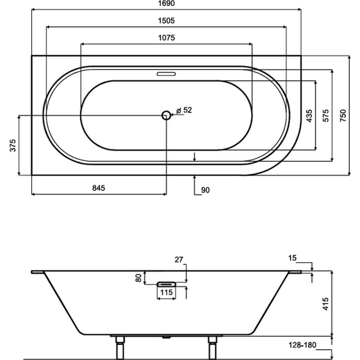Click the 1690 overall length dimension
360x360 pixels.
click(166, 3)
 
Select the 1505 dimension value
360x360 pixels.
click(166, 21)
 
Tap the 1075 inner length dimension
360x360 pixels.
click(166, 38)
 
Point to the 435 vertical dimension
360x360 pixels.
click(309, 116)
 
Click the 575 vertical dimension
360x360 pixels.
click(326, 116)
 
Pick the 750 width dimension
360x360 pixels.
click(343, 116)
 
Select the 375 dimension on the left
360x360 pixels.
click(13, 145)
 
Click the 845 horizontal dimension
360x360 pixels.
click(99, 188)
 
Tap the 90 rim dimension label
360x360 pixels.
click(205, 190)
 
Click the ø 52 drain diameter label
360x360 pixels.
click(184, 110)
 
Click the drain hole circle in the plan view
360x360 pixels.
click(166, 115)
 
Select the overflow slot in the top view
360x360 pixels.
click(166, 74)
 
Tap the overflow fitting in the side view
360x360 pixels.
click(166, 284)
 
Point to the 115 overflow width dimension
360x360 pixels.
click(166, 292)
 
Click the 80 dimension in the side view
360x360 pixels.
click(138, 278)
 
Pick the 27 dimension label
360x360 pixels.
click(179, 260)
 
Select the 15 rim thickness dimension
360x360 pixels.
click(292, 258)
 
